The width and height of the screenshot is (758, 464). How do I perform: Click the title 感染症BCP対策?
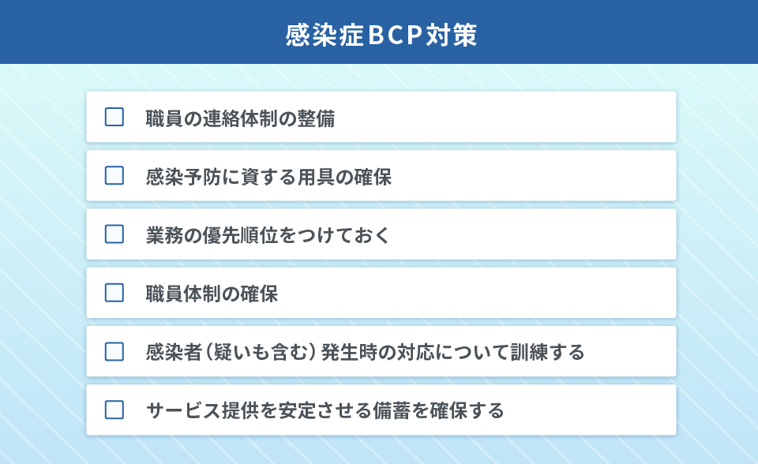click(x=381, y=35)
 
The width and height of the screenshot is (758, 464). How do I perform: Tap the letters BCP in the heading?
click(x=395, y=35)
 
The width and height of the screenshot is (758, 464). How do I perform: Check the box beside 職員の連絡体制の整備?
click(x=114, y=117)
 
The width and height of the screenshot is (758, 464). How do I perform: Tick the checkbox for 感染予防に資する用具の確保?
click(x=114, y=175)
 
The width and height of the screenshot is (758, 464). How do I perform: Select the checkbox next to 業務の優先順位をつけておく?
click(x=114, y=234)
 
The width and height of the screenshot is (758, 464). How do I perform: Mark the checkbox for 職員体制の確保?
click(x=114, y=293)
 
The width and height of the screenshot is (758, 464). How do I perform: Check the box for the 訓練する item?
click(x=114, y=351)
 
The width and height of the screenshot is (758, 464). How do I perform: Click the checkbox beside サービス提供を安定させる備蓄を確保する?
click(x=114, y=410)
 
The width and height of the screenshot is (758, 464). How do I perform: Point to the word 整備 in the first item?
click(x=316, y=118)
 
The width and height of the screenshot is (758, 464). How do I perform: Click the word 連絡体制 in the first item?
click(x=240, y=118)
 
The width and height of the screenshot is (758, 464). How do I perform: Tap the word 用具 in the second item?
click(x=316, y=177)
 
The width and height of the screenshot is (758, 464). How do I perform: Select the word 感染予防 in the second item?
click(x=184, y=177)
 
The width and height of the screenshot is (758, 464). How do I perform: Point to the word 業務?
click(x=165, y=235)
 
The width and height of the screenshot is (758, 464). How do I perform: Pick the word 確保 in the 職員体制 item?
click(x=259, y=294)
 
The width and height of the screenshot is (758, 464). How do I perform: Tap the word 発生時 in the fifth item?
click(x=349, y=353)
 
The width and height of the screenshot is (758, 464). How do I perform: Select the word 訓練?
click(x=529, y=353)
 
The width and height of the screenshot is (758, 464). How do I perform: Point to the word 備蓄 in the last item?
click(x=392, y=411)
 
